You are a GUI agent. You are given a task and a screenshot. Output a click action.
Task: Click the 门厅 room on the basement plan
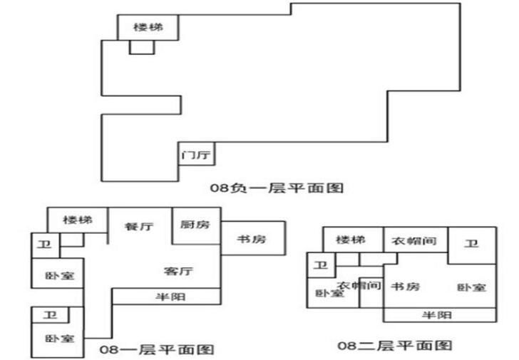tap(197, 154)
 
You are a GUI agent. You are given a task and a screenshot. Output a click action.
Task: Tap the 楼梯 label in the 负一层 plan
tap(148, 27)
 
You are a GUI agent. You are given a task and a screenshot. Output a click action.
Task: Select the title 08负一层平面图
tap(277, 187)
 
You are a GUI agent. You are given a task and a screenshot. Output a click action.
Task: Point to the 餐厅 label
tap(139, 227)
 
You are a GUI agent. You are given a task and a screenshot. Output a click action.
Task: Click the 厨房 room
tap(196, 226)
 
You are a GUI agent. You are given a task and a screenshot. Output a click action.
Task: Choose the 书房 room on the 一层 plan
tap(253, 238)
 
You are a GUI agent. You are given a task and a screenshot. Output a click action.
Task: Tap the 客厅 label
tap(178, 271)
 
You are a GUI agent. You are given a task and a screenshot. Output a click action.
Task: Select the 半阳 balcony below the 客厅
tap(167, 297)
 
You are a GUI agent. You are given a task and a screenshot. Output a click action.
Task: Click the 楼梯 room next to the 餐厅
tap(78, 220)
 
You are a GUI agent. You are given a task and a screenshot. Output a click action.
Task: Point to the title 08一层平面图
tap(157, 349)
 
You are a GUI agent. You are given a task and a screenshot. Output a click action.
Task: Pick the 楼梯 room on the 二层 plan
tap(353, 240)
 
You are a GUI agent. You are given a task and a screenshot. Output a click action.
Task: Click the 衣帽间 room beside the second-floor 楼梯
tap(416, 240)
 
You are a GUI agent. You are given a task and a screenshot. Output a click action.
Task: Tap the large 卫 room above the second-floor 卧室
tap(472, 245)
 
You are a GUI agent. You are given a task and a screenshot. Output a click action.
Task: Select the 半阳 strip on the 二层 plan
tap(440, 314)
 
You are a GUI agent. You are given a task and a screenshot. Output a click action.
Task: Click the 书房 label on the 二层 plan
tap(406, 286)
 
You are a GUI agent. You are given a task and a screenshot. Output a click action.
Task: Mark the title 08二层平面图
tap(395, 346)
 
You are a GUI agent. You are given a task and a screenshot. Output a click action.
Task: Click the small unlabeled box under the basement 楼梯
tap(142, 47)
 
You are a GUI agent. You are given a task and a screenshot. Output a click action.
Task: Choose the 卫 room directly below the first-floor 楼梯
tap(46, 245)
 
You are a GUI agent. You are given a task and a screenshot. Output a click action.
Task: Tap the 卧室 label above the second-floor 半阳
tap(472, 287)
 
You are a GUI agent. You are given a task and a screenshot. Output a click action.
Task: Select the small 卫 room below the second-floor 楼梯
tap(321, 265)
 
